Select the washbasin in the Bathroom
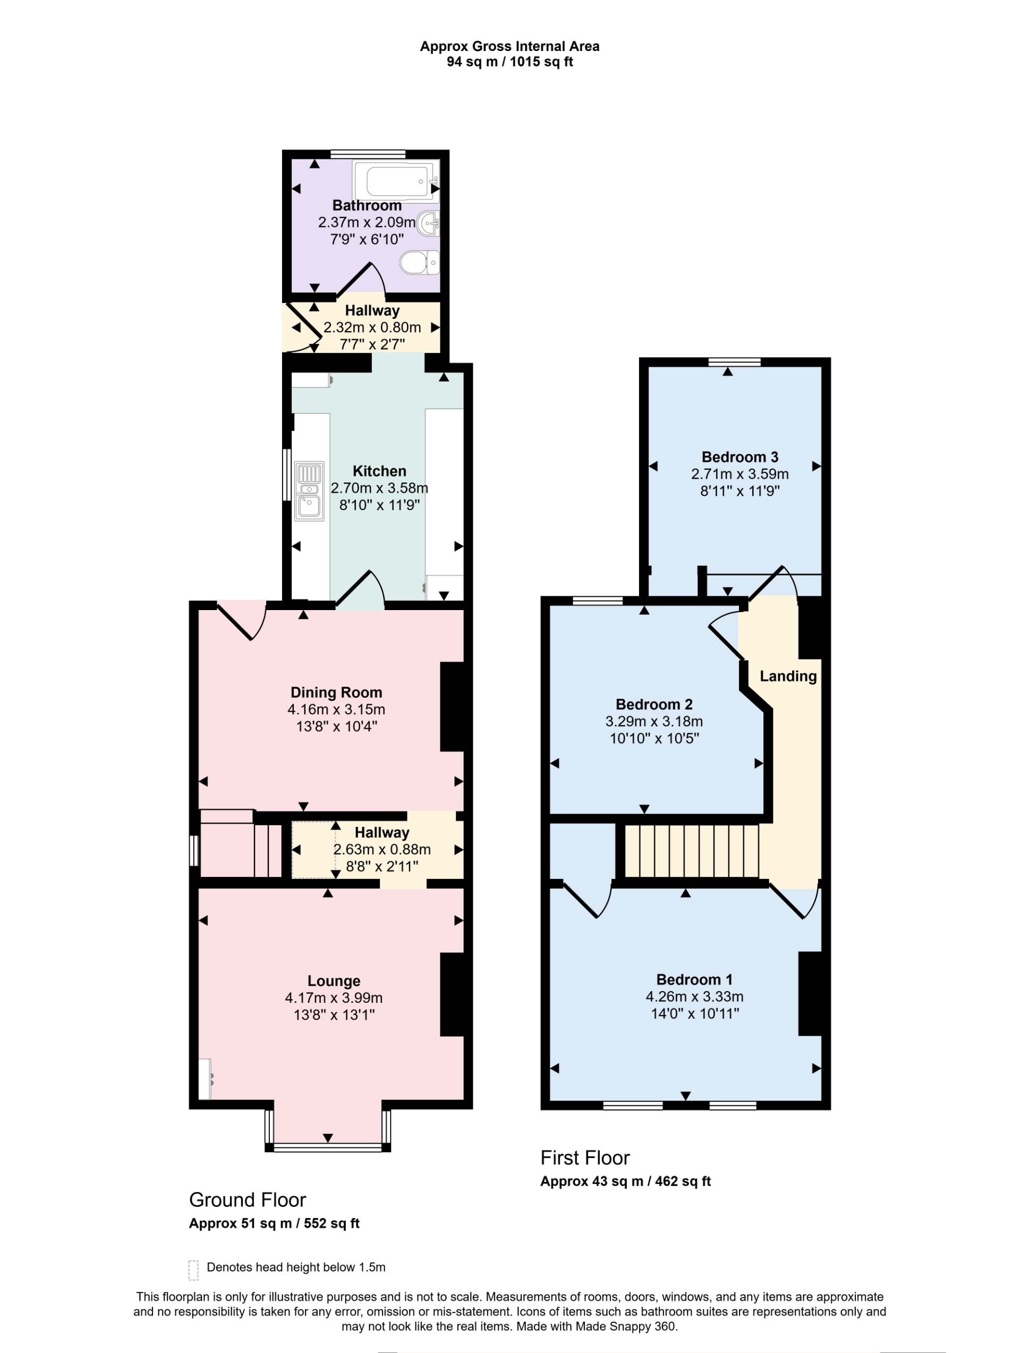pyautogui.click(x=429, y=224)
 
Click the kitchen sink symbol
pyautogui.click(x=309, y=491)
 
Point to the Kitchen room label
pyautogui.click(x=379, y=471)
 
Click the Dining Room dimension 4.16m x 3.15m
pyautogui.click(x=336, y=709)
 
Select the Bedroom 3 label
pyautogui.click(x=739, y=457)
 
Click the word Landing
pyautogui.click(x=788, y=676)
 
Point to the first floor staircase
pyautogui.click(x=691, y=851)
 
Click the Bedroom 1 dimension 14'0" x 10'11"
pyautogui.click(x=694, y=1013)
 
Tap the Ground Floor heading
pyautogui.click(x=247, y=1200)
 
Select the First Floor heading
pyautogui.click(x=584, y=1158)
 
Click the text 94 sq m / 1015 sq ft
pyautogui.click(x=509, y=62)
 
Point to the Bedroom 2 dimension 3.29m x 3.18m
pyautogui.click(x=654, y=721)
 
